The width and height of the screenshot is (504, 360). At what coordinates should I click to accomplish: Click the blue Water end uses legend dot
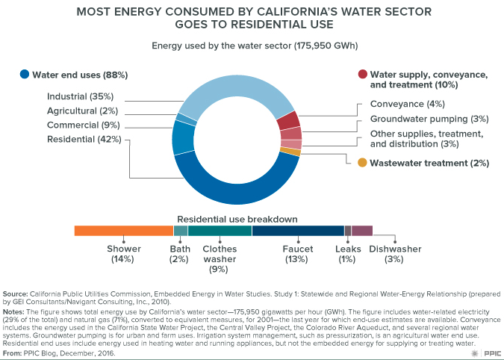(x=25, y=75)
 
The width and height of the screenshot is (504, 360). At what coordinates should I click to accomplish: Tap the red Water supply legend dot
(x=362, y=75)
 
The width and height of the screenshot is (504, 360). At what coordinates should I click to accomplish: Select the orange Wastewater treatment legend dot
(x=362, y=162)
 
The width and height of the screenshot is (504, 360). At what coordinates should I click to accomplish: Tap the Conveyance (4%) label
(x=407, y=104)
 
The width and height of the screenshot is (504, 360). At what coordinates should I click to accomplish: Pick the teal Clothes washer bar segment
(x=220, y=231)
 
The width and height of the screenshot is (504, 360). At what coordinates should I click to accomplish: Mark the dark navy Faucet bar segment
(x=298, y=231)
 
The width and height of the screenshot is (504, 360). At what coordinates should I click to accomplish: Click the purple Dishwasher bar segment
(x=361, y=231)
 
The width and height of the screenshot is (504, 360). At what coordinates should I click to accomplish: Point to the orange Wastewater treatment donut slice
(x=296, y=152)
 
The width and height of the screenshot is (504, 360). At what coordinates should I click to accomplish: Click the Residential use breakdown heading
(x=237, y=219)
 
